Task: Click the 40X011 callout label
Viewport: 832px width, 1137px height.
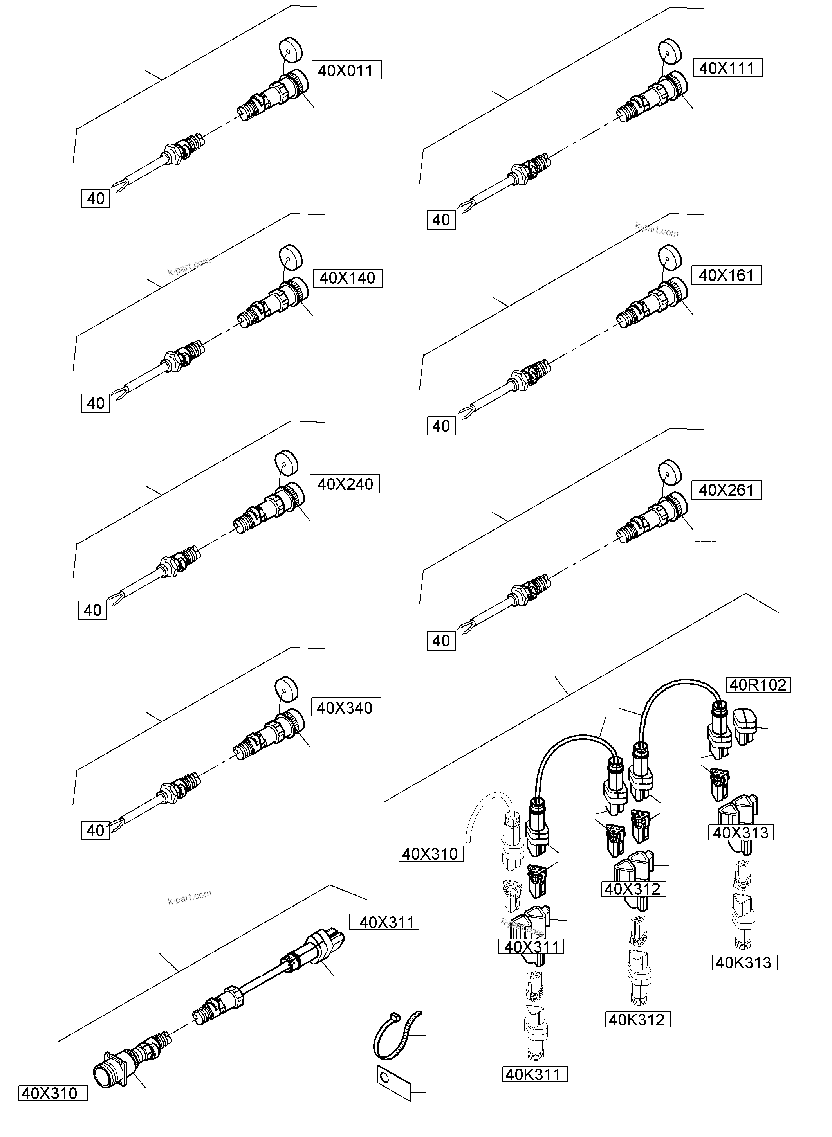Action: tap(347, 70)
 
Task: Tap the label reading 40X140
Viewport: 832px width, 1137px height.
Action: tap(348, 278)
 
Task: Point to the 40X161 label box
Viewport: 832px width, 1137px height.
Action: tap(726, 275)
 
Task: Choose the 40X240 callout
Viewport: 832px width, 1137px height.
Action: tap(345, 484)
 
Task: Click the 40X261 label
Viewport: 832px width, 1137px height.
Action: tap(726, 490)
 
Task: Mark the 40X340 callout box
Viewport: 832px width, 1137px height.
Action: tap(345, 708)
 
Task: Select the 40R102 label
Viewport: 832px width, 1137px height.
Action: tap(758, 685)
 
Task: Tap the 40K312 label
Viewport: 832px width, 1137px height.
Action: tap(637, 1020)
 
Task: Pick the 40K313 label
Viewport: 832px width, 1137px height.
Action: tap(744, 962)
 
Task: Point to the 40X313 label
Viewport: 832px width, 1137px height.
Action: tap(741, 833)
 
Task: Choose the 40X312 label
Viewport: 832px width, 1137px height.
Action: tap(633, 889)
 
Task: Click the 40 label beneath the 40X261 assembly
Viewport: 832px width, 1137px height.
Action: tap(441, 641)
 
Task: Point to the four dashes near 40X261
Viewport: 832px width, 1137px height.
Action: tap(705, 542)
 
